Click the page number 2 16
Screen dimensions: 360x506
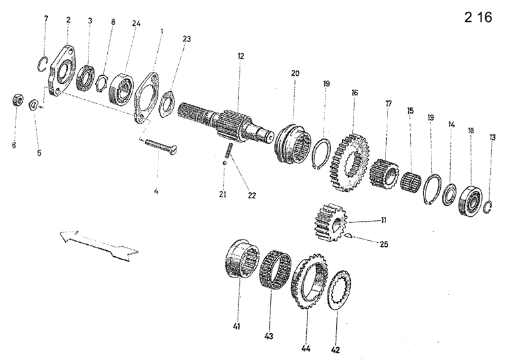coord(478,18)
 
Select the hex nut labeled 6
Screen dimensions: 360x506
coord(15,100)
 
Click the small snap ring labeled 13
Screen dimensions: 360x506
coord(489,207)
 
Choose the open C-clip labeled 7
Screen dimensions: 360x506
coord(42,64)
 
